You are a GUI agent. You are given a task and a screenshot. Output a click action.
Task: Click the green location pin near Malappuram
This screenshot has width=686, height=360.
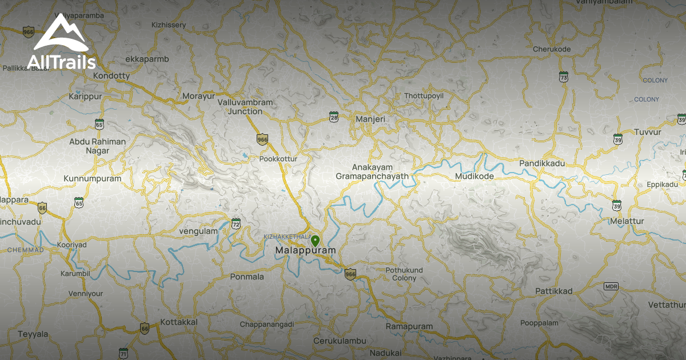coord(315,241)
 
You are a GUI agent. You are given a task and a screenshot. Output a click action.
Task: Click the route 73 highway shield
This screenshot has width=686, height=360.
coord(564,77)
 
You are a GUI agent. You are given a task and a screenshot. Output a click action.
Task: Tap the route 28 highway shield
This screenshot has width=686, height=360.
coord(334,117)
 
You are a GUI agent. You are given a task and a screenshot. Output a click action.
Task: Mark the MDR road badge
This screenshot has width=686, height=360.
coord(611,286)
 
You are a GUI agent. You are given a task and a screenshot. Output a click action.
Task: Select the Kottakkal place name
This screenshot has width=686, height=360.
coord(179,322)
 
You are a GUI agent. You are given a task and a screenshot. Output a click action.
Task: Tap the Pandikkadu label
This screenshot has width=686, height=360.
coord(542,163)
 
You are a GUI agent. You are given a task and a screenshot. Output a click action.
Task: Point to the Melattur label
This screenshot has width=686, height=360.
coord(627,221)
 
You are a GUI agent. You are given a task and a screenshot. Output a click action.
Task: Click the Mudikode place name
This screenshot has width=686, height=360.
coord(474,177)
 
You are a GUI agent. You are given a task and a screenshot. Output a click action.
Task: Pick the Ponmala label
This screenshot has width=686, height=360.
coord(247,277)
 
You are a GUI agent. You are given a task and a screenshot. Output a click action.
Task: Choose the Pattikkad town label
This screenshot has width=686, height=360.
coord(554,291)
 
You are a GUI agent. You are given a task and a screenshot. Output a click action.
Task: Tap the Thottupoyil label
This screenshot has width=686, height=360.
coord(424,95)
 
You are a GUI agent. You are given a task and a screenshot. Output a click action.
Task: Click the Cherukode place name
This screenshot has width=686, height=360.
coord(552,49)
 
